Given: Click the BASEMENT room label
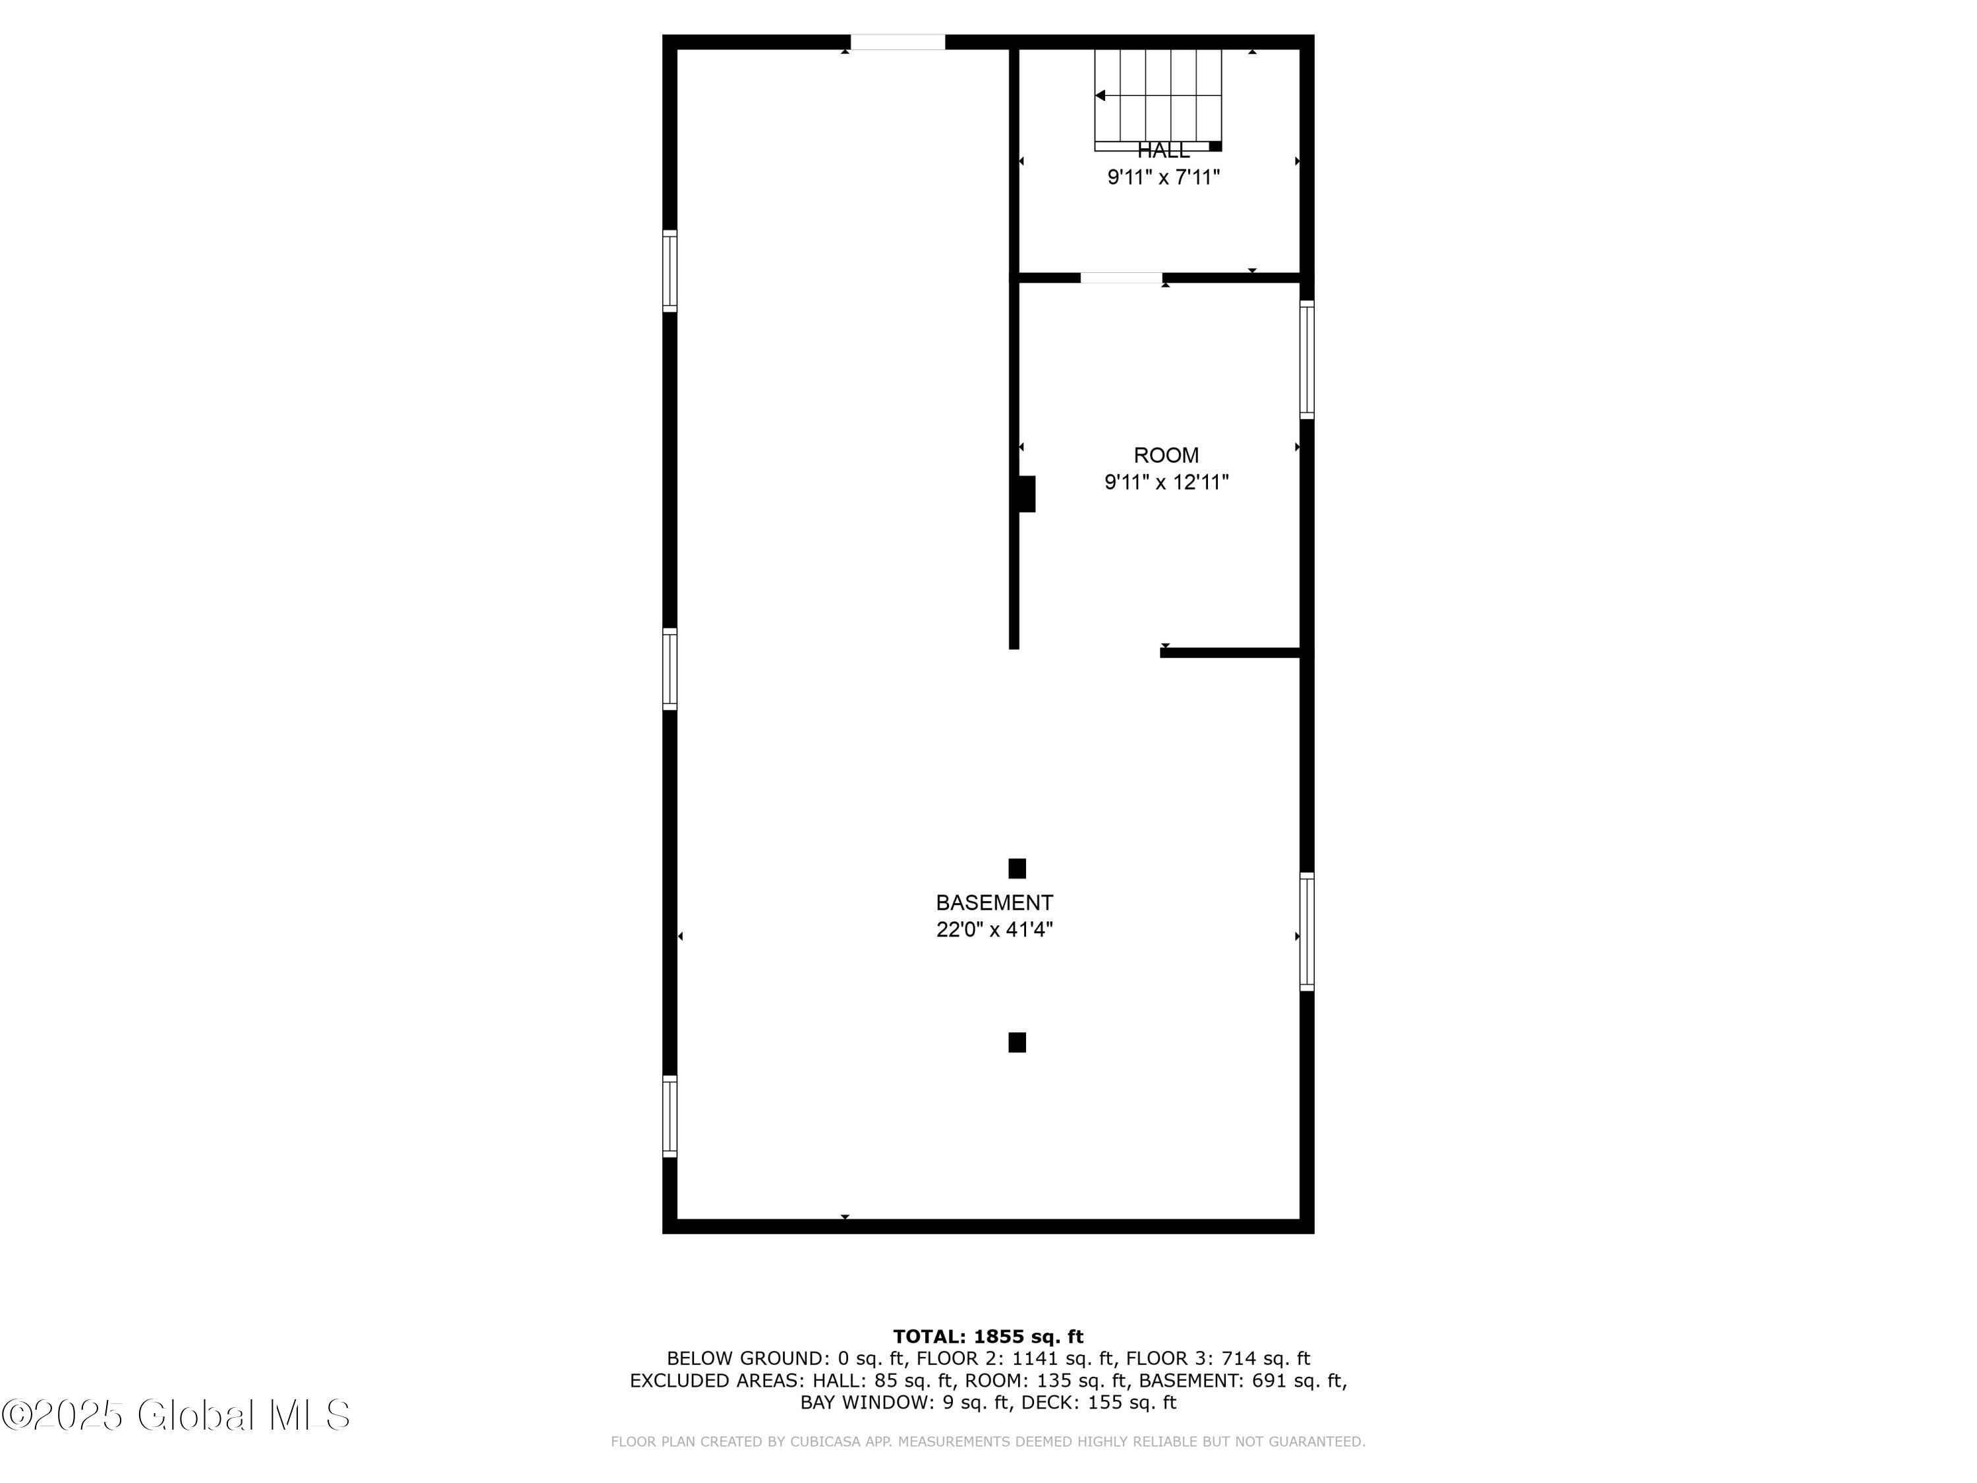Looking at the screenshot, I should pos(994,902).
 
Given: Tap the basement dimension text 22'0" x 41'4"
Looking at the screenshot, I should pos(994,929).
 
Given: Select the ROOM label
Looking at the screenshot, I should pos(1166,455).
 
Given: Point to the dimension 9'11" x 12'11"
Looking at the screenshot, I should pos(1166,482).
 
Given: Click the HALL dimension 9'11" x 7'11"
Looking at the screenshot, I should pos(1162,177).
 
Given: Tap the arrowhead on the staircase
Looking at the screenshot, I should pos(1101,96).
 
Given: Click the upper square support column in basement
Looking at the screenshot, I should pos(1016,868).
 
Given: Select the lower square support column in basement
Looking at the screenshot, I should pos(1016,1042).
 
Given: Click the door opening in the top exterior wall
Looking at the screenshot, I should pos(898,42).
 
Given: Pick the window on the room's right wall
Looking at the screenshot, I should pos(1305,359).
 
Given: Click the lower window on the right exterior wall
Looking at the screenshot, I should pos(1305,931).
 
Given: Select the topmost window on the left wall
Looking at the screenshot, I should pos(670,271).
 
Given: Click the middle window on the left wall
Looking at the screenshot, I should pos(670,668).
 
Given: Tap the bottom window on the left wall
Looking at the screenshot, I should pos(670,1117).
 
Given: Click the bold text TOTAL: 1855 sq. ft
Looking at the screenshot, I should pos(988,1337).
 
